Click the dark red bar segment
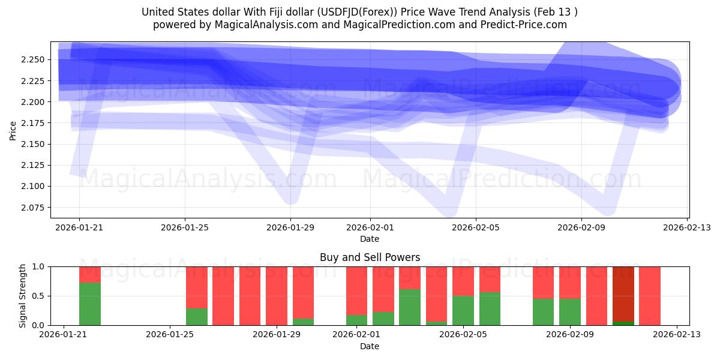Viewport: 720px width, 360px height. (x=623, y=293)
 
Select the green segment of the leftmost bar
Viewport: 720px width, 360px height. (x=90, y=304)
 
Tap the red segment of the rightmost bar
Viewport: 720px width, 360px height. (x=649, y=295)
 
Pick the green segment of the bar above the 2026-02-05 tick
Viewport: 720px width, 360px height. (x=463, y=310)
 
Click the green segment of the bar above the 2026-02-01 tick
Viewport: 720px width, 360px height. (x=356, y=320)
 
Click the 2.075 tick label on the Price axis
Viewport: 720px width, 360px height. (x=35, y=207)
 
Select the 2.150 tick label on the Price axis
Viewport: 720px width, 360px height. (x=35, y=144)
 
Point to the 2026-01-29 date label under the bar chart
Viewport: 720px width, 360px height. (x=277, y=335)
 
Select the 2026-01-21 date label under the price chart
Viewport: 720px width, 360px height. (x=79, y=227)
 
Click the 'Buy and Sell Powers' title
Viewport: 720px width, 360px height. (x=370, y=257)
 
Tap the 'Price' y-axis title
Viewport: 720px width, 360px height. (x=13, y=130)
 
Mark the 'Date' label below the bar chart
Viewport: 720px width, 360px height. (x=370, y=346)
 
